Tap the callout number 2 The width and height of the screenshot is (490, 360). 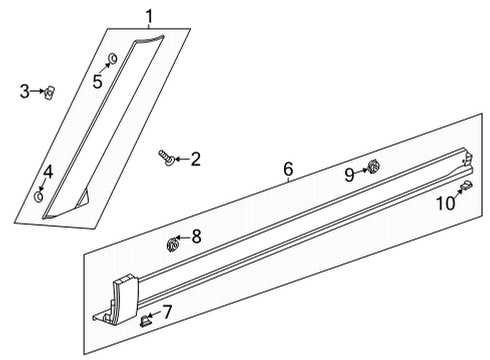[x=195, y=158]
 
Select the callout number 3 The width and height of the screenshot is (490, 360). [x=25, y=92]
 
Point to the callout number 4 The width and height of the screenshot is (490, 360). [x=47, y=172]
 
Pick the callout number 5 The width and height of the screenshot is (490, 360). [x=98, y=81]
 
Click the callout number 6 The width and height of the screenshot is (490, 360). [x=288, y=170]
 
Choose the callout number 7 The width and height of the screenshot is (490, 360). [x=167, y=312]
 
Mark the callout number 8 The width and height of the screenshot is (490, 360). [x=196, y=236]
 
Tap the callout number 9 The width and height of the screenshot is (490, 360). [x=350, y=174]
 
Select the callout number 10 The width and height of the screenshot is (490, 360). [x=445, y=203]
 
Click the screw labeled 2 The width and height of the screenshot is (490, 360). [x=166, y=156]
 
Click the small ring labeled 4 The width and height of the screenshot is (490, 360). [x=39, y=196]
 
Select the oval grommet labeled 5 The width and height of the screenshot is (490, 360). [x=111, y=58]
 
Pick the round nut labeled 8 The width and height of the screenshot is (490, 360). [x=172, y=241]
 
